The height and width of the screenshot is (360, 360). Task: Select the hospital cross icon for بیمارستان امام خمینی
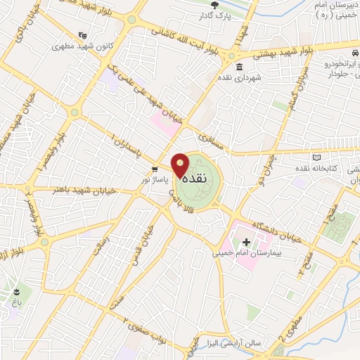click(x=245, y=242)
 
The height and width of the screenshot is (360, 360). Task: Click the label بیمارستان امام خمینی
click(x=245, y=252)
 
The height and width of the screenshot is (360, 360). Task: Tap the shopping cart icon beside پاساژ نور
click(x=154, y=169)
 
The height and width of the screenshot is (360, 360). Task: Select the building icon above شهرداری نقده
click(x=239, y=67)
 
